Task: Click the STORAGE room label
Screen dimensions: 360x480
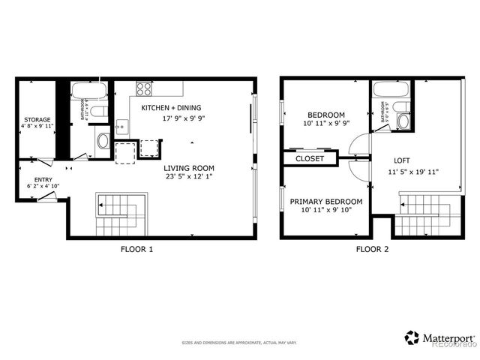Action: [x=37, y=120]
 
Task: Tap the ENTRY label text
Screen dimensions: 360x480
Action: [x=42, y=178]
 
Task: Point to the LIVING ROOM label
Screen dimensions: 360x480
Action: [x=189, y=168]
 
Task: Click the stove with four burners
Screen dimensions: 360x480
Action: [x=144, y=88]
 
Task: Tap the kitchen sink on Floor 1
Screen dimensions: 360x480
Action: [x=121, y=128]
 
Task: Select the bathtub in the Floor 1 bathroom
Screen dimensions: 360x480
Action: [x=89, y=92]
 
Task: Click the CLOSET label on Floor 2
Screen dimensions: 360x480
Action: [x=310, y=159]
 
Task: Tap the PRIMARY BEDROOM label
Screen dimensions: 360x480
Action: [x=326, y=201]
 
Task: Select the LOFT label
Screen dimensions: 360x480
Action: [x=402, y=160]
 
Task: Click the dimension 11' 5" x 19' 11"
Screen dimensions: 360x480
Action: [x=412, y=172]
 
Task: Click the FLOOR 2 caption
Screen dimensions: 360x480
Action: [x=372, y=249]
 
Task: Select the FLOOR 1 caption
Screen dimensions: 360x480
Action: [x=136, y=249]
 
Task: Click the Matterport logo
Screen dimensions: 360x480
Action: [x=439, y=338]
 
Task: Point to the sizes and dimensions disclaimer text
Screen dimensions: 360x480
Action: [x=239, y=343]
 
